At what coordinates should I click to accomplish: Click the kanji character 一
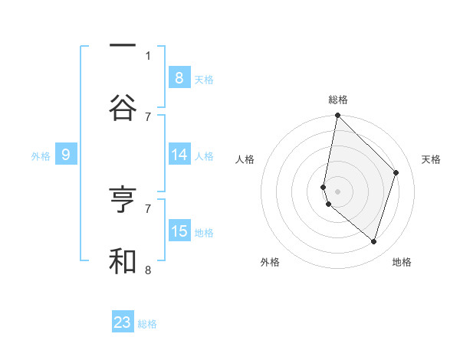123,47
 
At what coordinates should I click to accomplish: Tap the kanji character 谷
123,107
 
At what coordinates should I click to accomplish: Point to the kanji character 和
123,260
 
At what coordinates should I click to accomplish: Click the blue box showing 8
179,77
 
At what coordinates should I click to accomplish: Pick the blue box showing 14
179,155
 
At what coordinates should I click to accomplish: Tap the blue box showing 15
179,231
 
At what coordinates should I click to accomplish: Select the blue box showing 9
66,155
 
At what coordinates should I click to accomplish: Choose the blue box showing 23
123,322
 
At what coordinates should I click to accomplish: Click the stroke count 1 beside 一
148,55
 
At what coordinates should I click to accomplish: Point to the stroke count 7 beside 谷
148,116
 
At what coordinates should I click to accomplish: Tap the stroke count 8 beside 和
148,270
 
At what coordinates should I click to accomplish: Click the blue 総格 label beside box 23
147,324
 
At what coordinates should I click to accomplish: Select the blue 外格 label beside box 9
41,156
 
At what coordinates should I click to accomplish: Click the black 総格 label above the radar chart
337,100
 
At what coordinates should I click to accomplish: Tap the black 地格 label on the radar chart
402,262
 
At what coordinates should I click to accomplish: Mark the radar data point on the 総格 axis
337,115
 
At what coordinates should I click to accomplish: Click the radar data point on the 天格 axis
396,172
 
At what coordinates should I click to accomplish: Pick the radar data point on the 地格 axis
373,241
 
